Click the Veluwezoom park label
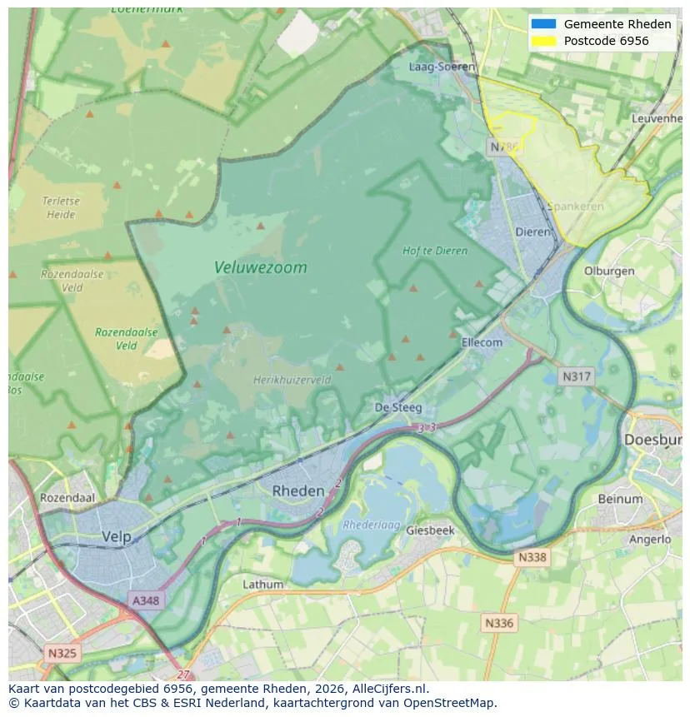tap(260, 267)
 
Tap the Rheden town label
tap(297, 491)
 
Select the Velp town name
tap(117, 537)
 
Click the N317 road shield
tap(576, 376)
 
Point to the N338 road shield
tap(532, 557)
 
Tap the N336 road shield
tap(499, 622)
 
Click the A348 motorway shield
tap(146, 600)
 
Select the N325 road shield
tap(62, 653)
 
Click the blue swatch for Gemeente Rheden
tap(542, 24)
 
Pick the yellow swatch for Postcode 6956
tap(542, 41)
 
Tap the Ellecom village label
tap(482, 342)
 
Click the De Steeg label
tap(398, 408)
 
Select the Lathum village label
tap(262, 585)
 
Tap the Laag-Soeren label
tap(442, 67)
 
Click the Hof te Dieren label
tap(434, 251)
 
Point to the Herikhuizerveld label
tap(292, 380)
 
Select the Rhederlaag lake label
tap(372, 525)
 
